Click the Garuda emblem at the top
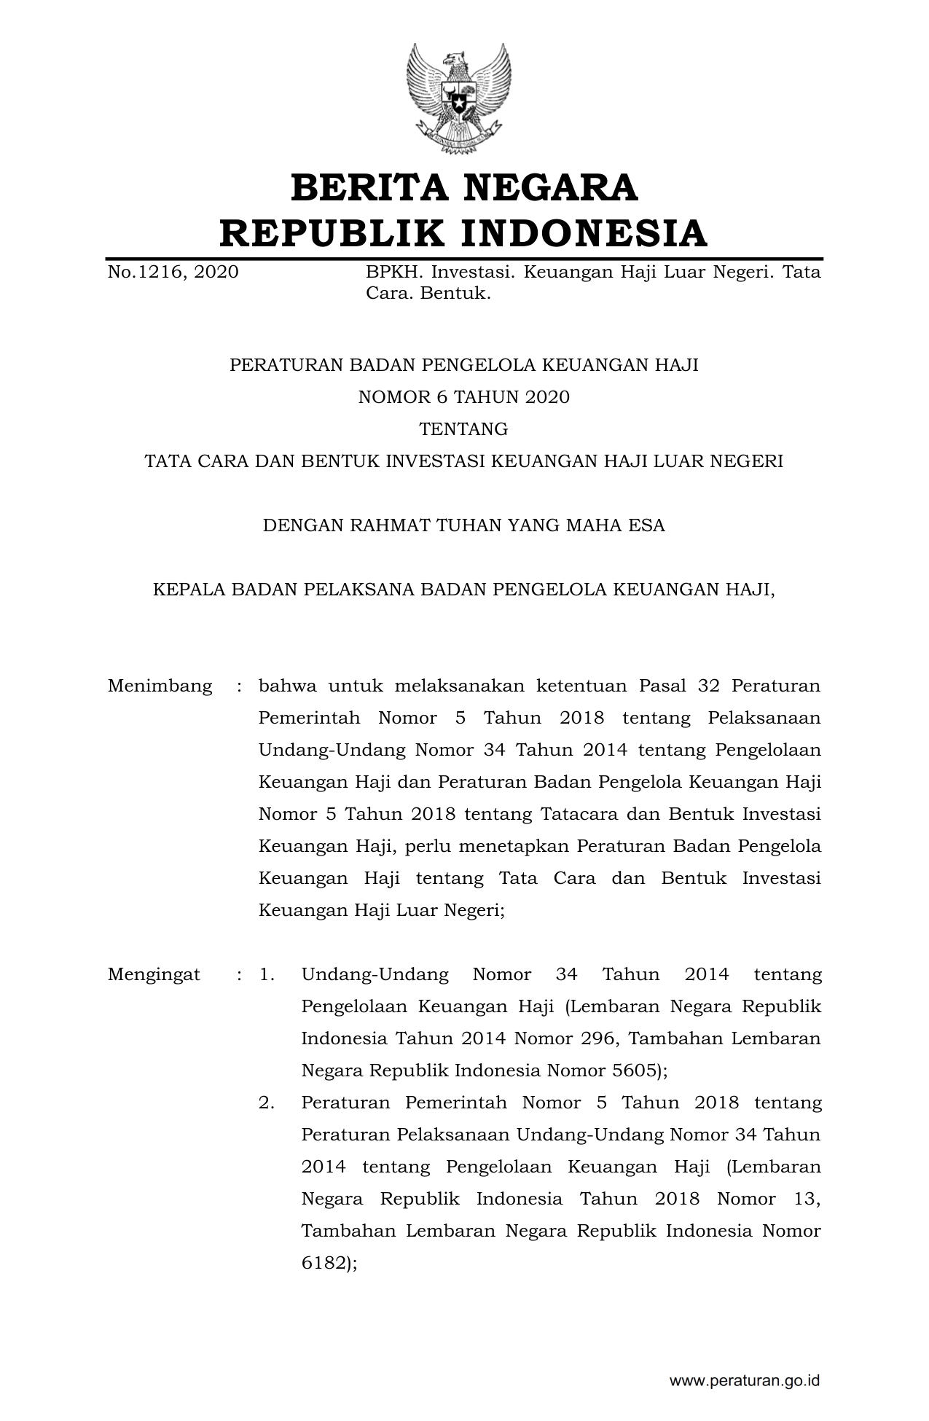click(x=459, y=98)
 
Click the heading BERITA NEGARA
click(x=464, y=188)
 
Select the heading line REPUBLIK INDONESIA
click(x=464, y=233)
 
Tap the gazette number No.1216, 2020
click(x=173, y=273)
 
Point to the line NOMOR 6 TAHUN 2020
click(x=464, y=397)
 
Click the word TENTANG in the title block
click(x=464, y=429)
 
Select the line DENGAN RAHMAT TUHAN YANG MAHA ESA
click(x=464, y=525)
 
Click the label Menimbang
click(x=160, y=686)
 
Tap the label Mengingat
click(x=154, y=975)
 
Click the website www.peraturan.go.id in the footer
click(x=745, y=1380)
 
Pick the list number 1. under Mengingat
click(x=267, y=975)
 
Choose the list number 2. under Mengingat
click(x=267, y=1103)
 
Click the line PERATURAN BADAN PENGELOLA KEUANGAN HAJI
click(x=464, y=365)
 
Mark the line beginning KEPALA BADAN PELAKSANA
click(x=464, y=590)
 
